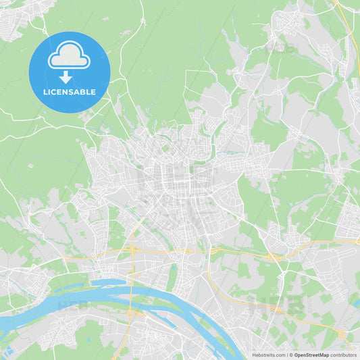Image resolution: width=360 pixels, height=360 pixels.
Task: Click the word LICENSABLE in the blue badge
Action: pyautogui.click(x=70, y=92)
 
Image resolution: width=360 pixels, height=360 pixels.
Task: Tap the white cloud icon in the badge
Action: pyautogui.click(x=69, y=57)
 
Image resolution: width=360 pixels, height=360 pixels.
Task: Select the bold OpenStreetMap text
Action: pyautogui.click(x=312, y=355)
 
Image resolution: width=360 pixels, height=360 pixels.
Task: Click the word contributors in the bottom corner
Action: pyautogui.click(x=344, y=355)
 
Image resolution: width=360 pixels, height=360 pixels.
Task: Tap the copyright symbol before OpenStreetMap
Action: pyautogui.click(x=291, y=355)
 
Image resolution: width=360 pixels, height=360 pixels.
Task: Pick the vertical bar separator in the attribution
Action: pyautogui.click(x=286, y=355)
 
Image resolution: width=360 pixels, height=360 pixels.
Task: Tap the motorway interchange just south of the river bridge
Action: pyautogui.click(x=133, y=313)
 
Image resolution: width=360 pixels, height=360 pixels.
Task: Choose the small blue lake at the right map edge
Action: pyautogui.click(x=356, y=304)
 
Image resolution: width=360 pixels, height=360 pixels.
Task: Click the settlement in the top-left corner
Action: pyautogui.click(x=14, y=20)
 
